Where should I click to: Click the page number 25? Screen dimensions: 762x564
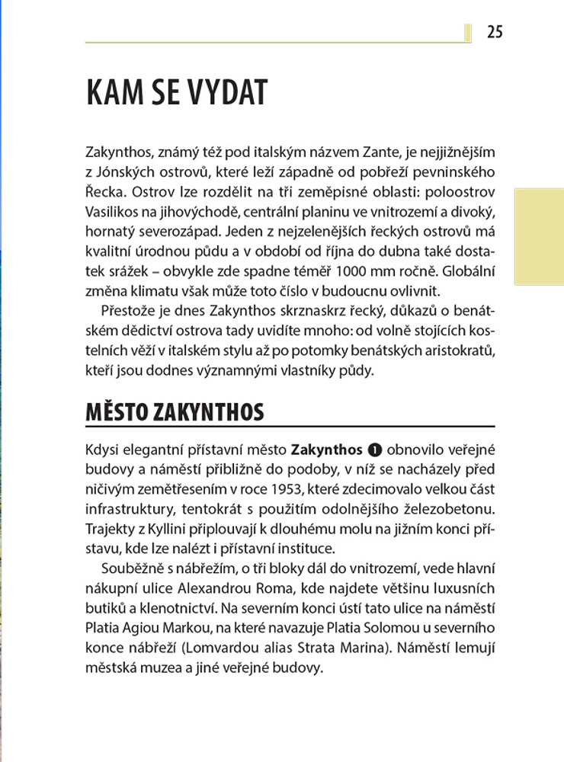495,32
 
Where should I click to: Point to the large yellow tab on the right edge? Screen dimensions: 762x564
540,247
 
